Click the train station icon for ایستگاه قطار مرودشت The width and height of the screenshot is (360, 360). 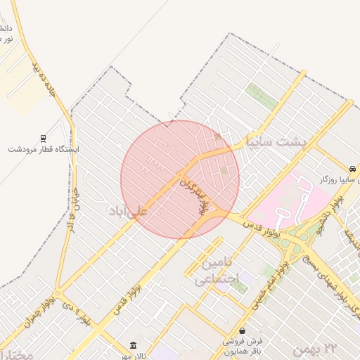[44, 139]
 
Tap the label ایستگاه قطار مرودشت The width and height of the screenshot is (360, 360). [44, 149]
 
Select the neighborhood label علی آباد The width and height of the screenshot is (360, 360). [128, 210]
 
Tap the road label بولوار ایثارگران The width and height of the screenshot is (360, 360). [195, 195]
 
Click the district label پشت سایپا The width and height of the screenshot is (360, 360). [276, 141]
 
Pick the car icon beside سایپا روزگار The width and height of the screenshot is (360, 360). [352, 169]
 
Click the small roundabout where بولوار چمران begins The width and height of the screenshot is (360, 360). [57, 293]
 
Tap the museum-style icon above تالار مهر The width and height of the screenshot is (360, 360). [134, 345]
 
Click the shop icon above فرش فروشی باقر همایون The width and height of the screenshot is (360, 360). [243, 330]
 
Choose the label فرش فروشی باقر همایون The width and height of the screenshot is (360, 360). [243, 345]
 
